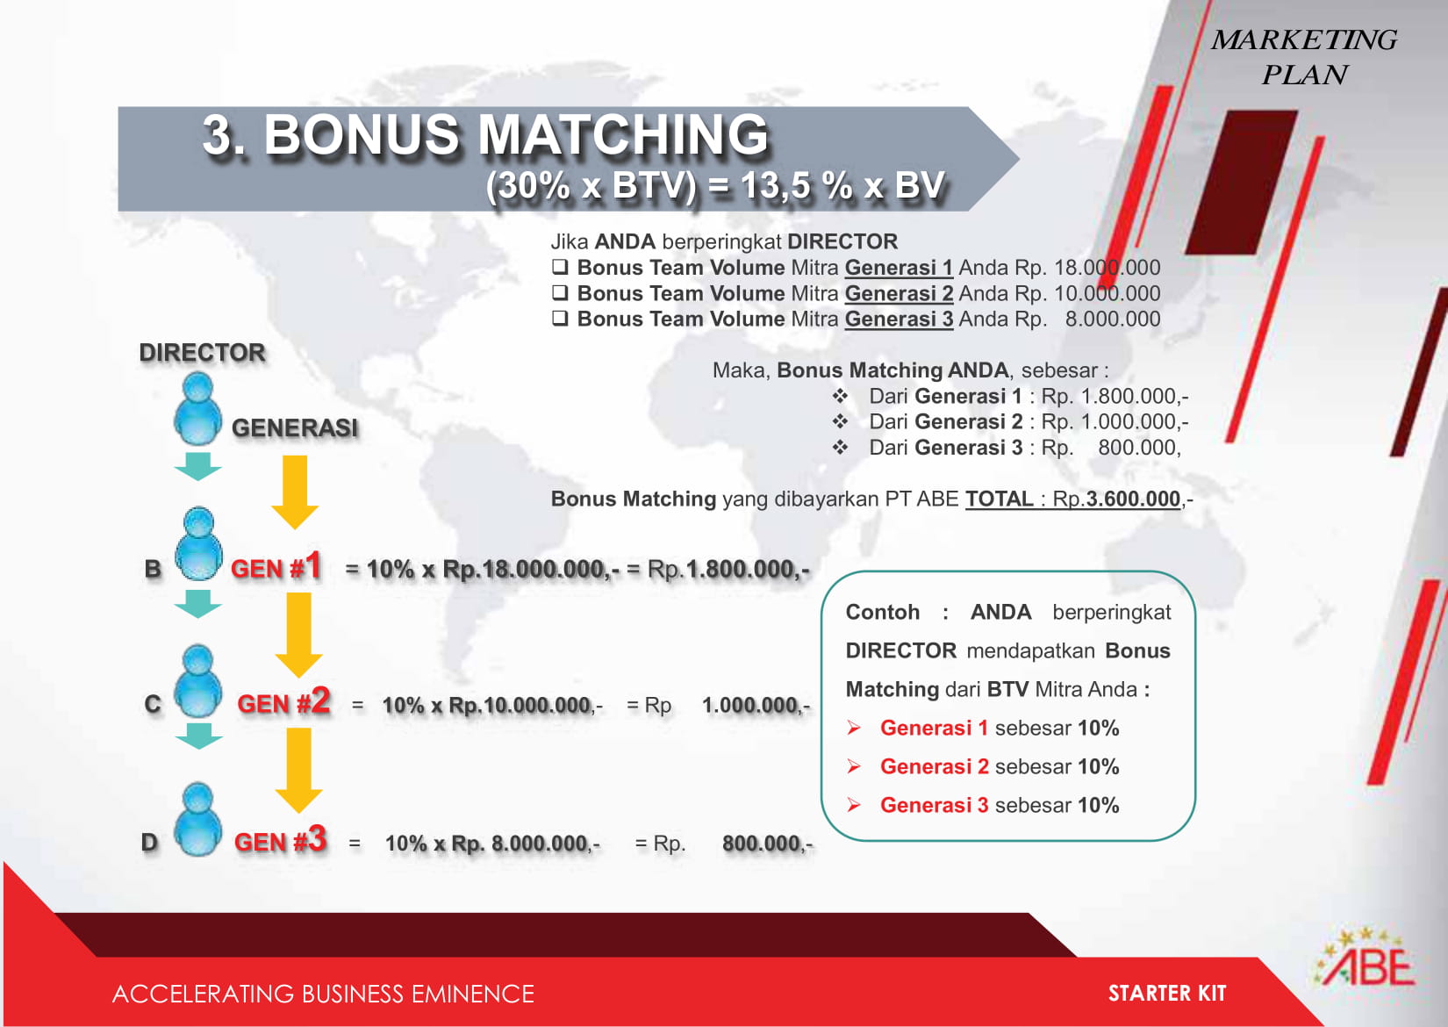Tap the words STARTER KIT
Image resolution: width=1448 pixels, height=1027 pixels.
pos(1167,994)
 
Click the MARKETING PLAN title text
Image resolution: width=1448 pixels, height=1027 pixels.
pos(1304,57)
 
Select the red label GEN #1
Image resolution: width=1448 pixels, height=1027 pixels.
pos(276,566)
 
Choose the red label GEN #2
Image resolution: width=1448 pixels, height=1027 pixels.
pos(283,701)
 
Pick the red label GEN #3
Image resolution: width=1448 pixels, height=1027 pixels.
pos(281,839)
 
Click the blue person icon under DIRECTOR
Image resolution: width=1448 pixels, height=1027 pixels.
pos(197,409)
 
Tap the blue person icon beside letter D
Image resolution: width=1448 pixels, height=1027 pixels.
pos(197,819)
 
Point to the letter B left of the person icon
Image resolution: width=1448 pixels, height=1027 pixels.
pos(153,569)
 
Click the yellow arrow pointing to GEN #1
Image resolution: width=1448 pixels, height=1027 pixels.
pos(295,492)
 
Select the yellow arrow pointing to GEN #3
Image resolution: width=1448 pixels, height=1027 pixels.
pos(298,771)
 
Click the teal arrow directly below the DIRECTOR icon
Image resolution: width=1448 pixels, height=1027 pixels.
pos(197,466)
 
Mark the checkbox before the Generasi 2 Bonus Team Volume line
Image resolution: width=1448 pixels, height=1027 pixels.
pos(560,293)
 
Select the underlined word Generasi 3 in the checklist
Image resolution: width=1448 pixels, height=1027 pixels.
pos(899,320)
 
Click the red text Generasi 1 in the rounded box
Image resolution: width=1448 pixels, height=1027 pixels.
pos(934,729)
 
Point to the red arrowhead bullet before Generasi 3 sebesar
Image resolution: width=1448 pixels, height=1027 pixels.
pos(854,805)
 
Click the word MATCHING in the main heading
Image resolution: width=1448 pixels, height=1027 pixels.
pos(623,135)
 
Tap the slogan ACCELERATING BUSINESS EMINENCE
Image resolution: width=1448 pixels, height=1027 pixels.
pos(323,994)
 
